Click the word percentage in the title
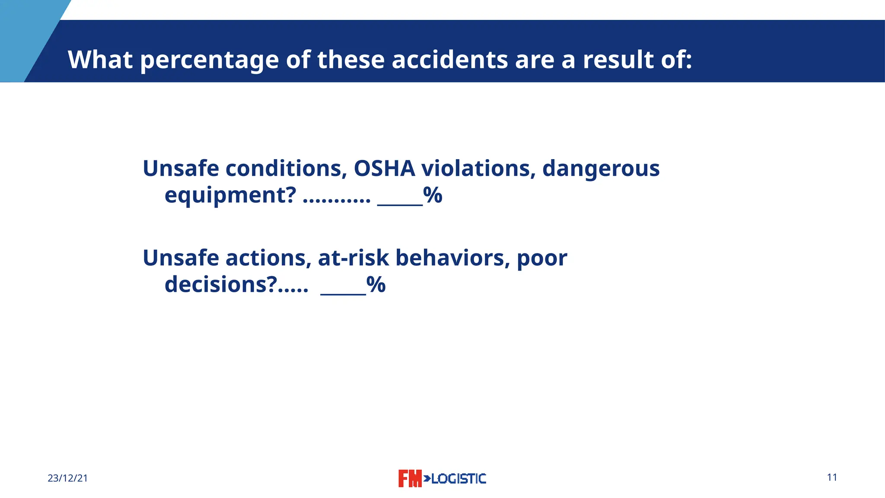point(209,60)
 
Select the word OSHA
point(384,168)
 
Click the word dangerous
point(601,169)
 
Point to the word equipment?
point(230,196)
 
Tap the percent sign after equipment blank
point(433,195)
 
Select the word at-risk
point(353,258)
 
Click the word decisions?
point(221,285)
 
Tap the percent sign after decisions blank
point(376,285)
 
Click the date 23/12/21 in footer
point(68,478)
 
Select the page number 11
point(832,477)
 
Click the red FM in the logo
point(409,479)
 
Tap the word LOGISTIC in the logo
point(458,479)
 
